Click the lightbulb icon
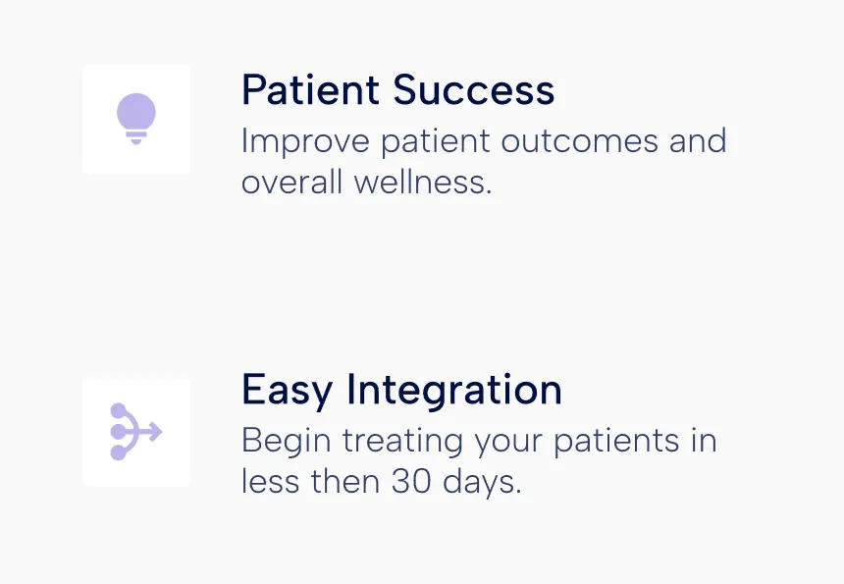click(x=136, y=119)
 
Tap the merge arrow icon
click(x=136, y=432)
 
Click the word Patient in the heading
click(x=310, y=89)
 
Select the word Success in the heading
click(x=474, y=89)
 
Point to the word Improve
click(x=305, y=142)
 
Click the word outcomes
click(x=580, y=141)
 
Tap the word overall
click(x=291, y=182)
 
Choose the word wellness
click(x=423, y=182)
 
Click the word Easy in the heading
click(x=287, y=391)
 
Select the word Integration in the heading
click(x=453, y=391)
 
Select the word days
click(x=482, y=482)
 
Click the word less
click(x=270, y=481)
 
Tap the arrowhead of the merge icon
click(x=155, y=432)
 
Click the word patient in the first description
click(x=436, y=142)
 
